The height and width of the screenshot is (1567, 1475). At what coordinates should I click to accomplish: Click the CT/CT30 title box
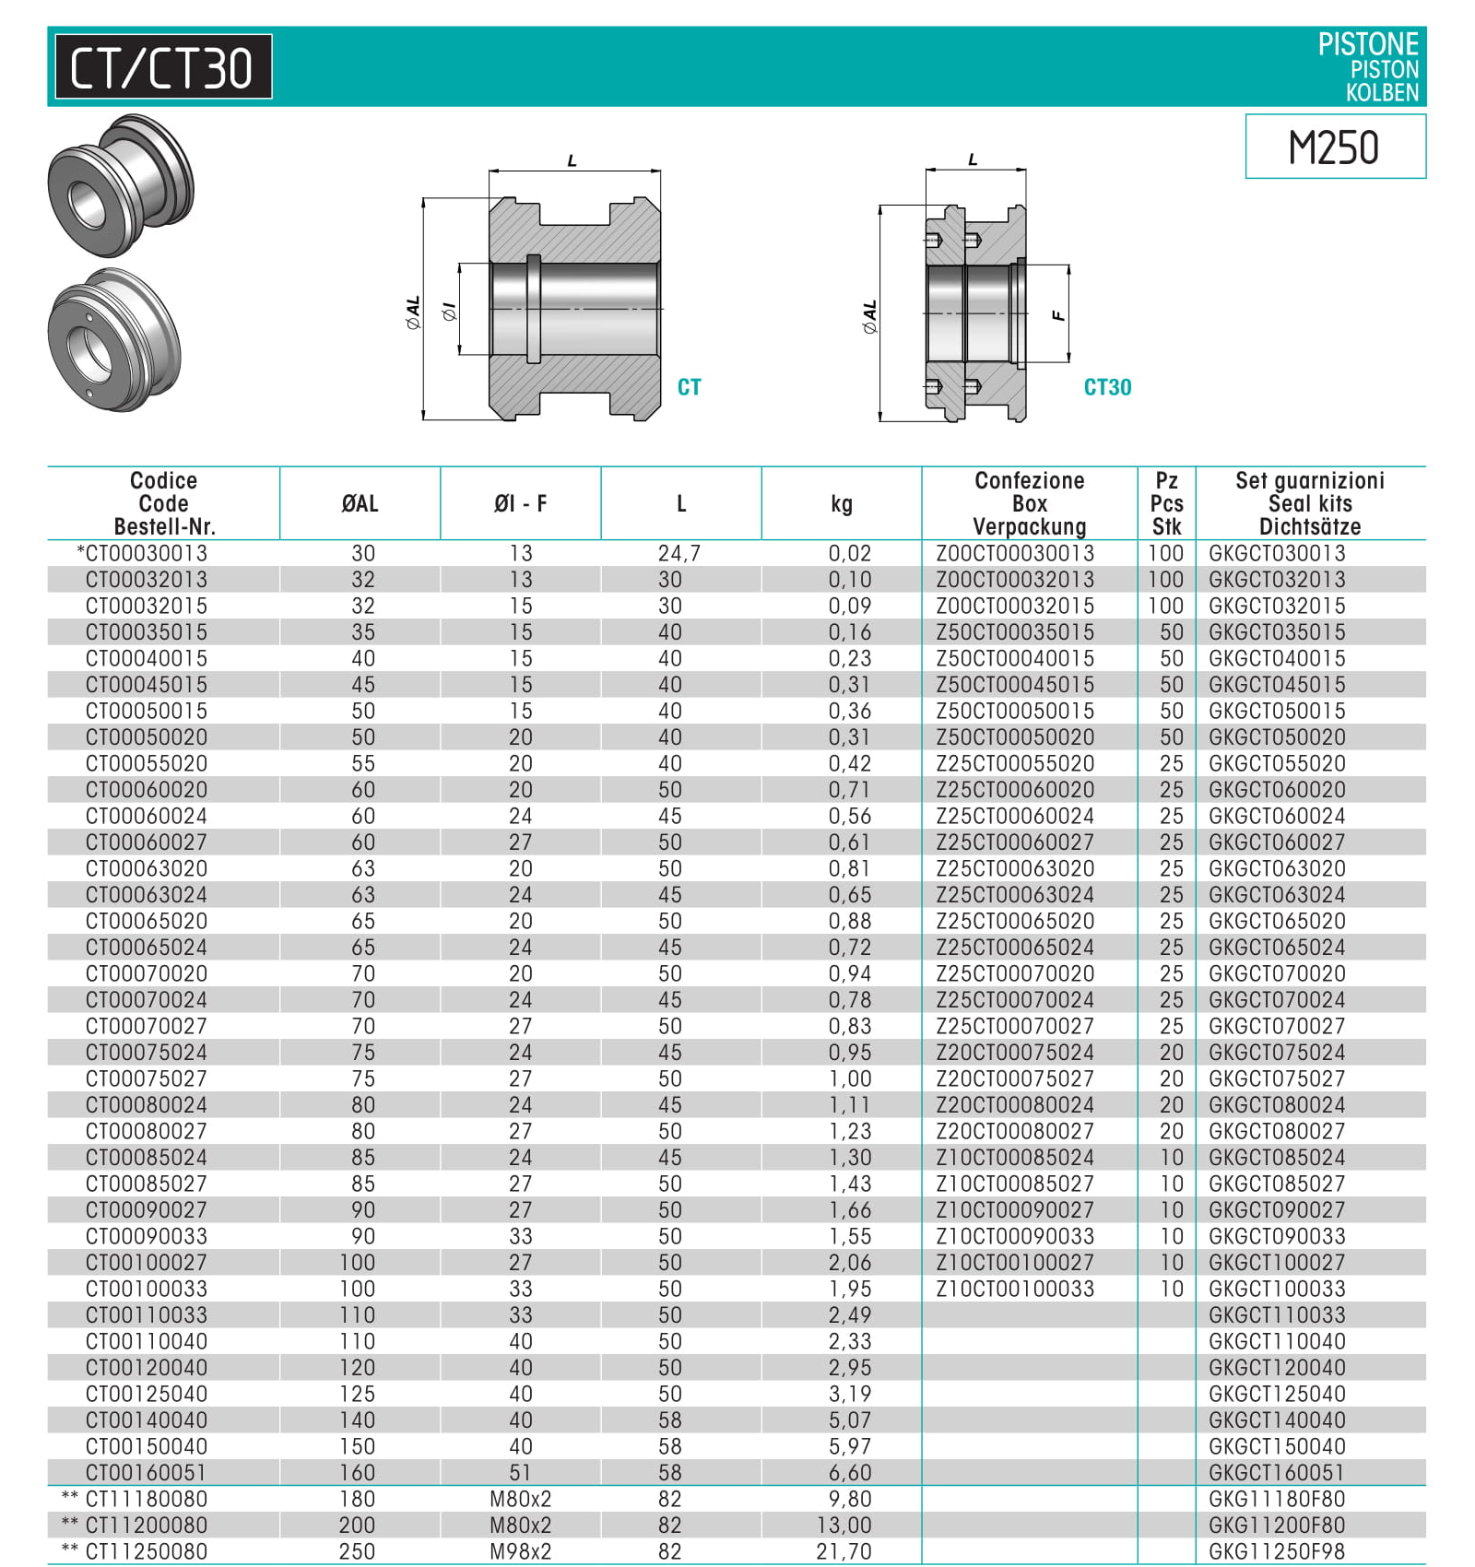click(163, 67)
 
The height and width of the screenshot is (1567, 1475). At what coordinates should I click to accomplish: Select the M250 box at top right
click(1334, 147)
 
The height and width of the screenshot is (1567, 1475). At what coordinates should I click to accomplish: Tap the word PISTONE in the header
click(1367, 44)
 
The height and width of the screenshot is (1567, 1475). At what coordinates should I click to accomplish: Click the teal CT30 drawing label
click(1106, 387)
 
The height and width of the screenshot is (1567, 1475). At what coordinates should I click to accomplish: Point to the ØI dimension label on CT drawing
click(449, 312)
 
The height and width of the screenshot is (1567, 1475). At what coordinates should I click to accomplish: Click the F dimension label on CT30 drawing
click(1058, 315)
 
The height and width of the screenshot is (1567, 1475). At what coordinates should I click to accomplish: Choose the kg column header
click(841, 503)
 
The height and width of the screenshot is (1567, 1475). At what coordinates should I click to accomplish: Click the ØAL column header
click(360, 503)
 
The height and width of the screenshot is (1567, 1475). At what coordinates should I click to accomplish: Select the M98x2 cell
click(520, 1551)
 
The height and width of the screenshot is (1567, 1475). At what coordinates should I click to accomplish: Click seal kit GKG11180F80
click(1277, 1499)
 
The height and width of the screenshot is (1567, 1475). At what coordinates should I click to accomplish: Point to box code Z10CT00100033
click(1015, 1289)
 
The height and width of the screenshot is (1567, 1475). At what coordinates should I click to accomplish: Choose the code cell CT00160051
click(146, 1472)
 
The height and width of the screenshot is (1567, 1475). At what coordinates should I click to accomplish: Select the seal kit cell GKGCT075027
click(1277, 1078)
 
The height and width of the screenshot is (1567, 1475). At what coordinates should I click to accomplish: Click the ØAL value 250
click(357, 1551)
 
